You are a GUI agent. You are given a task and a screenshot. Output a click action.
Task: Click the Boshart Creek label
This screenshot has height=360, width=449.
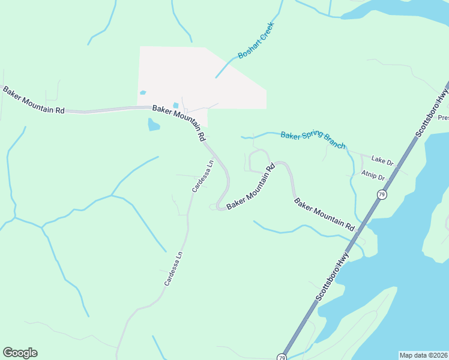pos(256,41)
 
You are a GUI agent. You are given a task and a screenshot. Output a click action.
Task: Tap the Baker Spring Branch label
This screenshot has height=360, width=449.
pos(313,140)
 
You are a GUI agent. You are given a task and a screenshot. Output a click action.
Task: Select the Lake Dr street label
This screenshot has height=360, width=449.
pos(382,161)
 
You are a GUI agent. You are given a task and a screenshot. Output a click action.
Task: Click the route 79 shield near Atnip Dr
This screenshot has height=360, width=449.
pos(382,194)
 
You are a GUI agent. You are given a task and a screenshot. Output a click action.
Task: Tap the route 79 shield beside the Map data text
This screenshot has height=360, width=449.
pos(282,356)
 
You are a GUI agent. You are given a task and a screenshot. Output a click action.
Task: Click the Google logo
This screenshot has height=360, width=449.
pos(20,353)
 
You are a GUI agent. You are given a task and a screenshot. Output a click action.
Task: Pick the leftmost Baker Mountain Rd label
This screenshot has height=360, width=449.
pos(34,100)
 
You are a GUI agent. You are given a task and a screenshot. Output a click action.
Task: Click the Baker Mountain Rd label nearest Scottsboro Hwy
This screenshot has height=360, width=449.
pos(325,215)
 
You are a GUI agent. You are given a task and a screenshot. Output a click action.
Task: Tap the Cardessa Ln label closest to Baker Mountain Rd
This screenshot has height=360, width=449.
pos(203,176)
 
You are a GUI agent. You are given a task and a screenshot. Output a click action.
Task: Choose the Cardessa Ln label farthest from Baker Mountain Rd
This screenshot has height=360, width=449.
pos(173,269)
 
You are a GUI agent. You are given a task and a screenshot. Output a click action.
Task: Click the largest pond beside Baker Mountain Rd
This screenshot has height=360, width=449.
pos(154,125)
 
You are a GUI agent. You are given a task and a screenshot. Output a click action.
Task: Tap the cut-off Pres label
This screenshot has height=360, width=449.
pos(443,118)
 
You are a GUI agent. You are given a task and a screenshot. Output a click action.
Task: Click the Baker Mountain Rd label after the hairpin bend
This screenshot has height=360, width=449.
pos(250,187)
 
